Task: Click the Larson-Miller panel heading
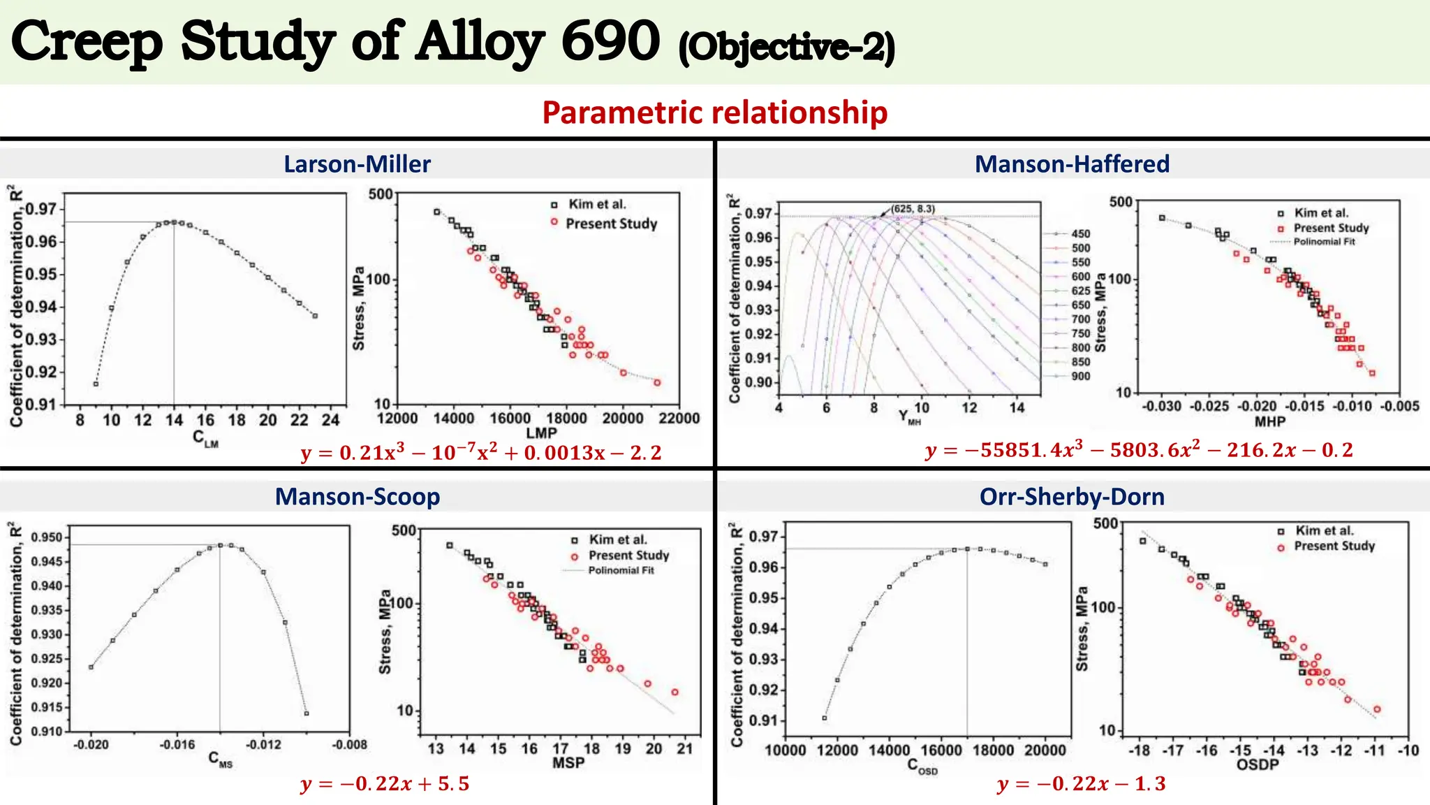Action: [x=357, y=164]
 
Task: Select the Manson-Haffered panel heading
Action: [x=1072, y=164]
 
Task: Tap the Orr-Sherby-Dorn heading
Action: [x=1072, y=497]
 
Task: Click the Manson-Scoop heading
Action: [x=357, y=497]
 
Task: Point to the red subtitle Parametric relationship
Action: [x=714, y=113]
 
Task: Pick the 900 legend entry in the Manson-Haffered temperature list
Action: [x=1081, y=377]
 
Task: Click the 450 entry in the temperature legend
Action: [x=1081, y=234]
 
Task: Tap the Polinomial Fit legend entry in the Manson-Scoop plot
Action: [x=621, y=571]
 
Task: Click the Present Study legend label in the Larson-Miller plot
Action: [x=612, y=224]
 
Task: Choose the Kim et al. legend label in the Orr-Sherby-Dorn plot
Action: [x=1325, y=531]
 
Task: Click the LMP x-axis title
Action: [x=541, y=433]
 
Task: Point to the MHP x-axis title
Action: [x=1269, y=421]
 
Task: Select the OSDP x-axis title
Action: [x=1258, y=765]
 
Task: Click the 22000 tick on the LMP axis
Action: [x=679, y=419]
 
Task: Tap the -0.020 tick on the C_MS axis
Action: [x=91, y=745]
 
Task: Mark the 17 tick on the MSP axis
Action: [x=561, y=749]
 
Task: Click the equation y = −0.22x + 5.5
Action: [x=385, y=784]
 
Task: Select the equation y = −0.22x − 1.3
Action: [x=1082, y=784]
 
